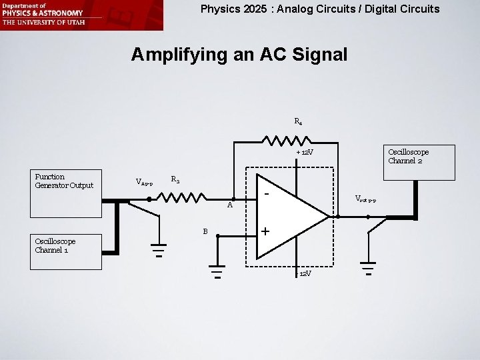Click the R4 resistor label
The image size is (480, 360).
point(298,122)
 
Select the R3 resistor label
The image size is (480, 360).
point(175,179)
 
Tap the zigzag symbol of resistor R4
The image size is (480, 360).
point(287,141)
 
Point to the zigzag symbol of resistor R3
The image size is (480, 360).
point(181,198)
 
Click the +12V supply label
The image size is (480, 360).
point(305,153)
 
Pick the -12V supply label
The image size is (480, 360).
point(303,273)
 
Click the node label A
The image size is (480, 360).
point(229,205)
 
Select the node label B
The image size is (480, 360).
point(206,231)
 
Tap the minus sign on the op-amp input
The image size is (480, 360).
point(266,194)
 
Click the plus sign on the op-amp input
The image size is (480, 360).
point(265,231)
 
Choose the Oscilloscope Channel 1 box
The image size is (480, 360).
point(65,251)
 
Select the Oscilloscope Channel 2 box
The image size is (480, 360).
point(419,162)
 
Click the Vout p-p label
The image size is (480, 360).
point(366,199)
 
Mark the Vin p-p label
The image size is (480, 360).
point(145,181)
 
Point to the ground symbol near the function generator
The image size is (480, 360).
point(158,249)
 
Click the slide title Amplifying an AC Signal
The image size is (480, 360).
point(239,55)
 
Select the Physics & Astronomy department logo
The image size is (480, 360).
point(81,15)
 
